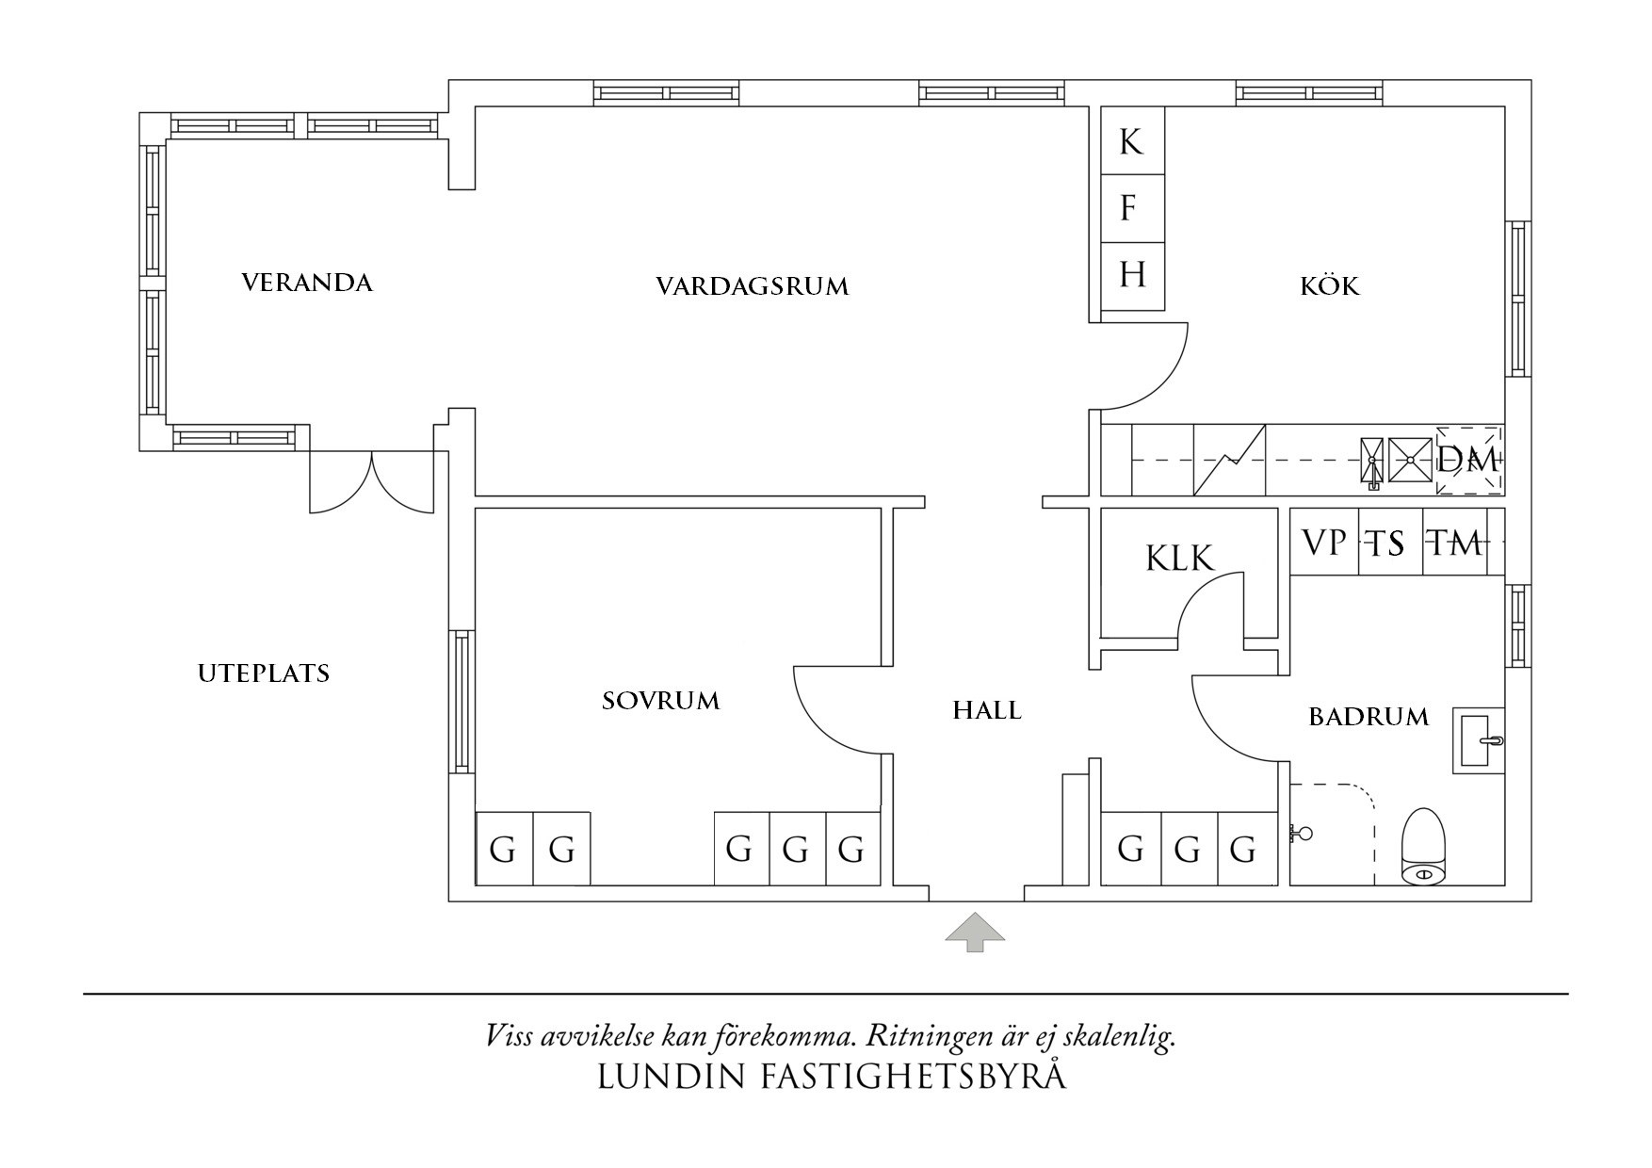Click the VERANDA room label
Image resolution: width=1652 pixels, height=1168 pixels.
point(307,283)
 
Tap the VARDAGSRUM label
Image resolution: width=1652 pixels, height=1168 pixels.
point(752,285)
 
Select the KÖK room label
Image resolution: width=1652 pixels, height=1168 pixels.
point(1330,285)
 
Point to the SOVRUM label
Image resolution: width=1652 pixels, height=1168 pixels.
point(660,701)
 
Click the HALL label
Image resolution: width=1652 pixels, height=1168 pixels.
point(986,710)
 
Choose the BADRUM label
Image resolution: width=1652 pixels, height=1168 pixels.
point(1369,717)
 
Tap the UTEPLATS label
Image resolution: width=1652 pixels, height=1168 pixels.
point(264,673)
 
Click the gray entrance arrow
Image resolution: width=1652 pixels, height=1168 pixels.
point(976,932)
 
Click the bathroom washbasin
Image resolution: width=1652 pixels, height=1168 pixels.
point(1479,740)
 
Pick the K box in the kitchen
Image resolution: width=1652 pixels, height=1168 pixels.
point(1132,141)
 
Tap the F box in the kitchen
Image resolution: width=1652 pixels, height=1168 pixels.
point(1132,208)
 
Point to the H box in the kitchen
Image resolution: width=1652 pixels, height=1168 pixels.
point(1132,276)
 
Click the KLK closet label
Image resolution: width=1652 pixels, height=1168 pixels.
point(1179,559)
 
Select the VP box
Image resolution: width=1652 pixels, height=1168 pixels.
point(1323,543)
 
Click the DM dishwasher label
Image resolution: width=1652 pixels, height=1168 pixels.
point(1467,461)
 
